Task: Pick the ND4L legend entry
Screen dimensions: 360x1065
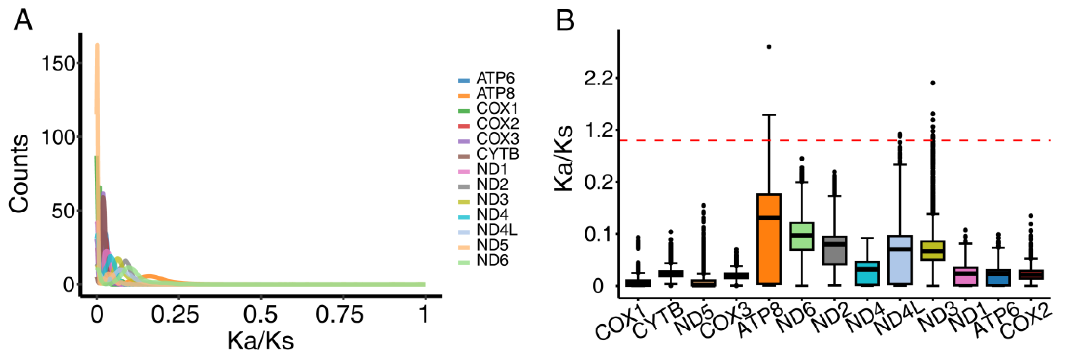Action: [x=496, y=230]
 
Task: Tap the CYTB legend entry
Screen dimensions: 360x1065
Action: [x=497, y=154]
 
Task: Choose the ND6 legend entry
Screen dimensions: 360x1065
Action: [x=492, y=260]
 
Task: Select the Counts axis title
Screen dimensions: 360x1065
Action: [x=20, y=174]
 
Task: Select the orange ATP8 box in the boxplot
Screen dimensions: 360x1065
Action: [x=769, y=238]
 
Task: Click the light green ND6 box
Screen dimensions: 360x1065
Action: [x=802, y=236]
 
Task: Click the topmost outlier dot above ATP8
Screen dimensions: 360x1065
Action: [x=769, y=47]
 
